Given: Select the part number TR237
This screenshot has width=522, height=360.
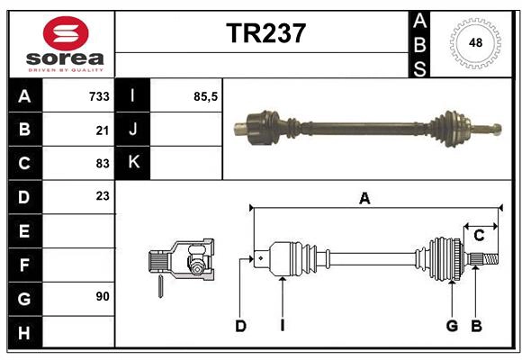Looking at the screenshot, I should click(x=265, y=33).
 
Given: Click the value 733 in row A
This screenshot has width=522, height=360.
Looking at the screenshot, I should click(x=99, y=96).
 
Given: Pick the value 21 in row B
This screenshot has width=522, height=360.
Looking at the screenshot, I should click(x=103, y=130).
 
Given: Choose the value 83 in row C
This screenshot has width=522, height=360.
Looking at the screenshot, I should click(x=103, y=164).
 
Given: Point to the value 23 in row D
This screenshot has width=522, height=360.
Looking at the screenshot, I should click(x=103, y=195).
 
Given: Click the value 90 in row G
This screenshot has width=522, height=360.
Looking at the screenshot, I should click(x=103, y=295).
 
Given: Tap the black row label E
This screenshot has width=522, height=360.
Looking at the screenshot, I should click(x=23, y=231).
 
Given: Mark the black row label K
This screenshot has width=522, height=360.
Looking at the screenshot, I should click(x=133, y=163).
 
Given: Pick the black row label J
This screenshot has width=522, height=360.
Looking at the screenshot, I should click(x=133, y=130).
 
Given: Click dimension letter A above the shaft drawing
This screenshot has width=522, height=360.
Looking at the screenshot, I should click(x=364, y=199).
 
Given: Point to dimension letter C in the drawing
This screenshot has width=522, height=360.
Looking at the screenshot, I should click(x=479, y=236).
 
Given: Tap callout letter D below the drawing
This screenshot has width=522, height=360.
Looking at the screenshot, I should click(x=240, y=326).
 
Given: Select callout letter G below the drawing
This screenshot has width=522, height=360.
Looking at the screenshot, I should click(x=452, y=326).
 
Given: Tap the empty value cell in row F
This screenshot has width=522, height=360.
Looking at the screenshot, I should click(x=79, y=265).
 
